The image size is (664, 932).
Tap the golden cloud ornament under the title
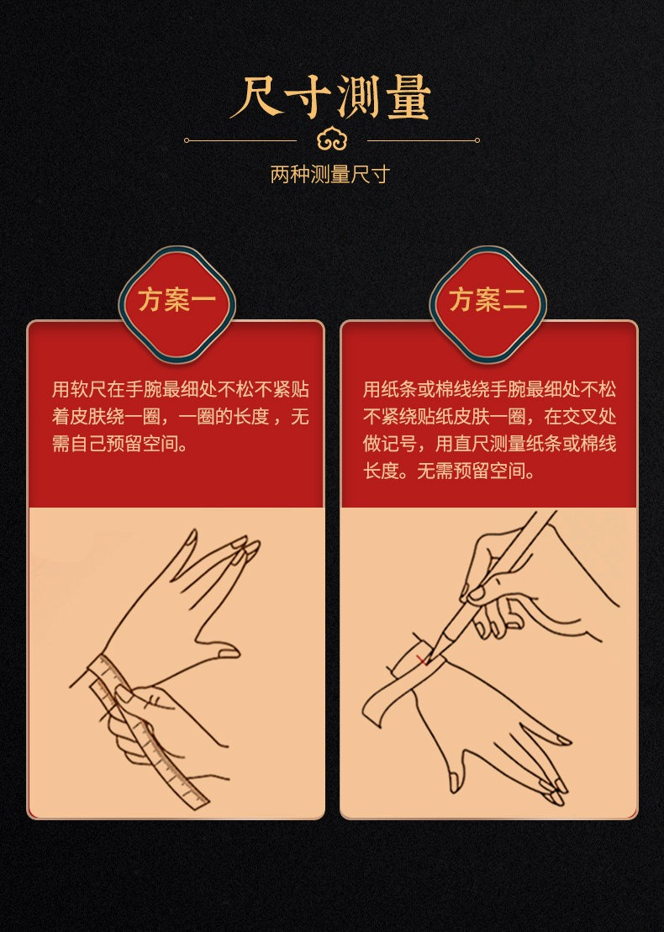point(332,140)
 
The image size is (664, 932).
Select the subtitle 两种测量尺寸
point(330,174)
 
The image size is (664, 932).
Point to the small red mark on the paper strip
point(422,660)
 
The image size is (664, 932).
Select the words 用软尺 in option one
point(79,389)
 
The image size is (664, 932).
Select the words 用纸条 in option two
point(390,389)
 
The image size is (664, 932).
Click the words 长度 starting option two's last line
point(381,471)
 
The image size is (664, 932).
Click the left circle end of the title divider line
point(187,140)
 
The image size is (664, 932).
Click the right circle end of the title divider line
point(477,140)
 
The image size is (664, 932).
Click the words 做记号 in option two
point(390,444)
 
